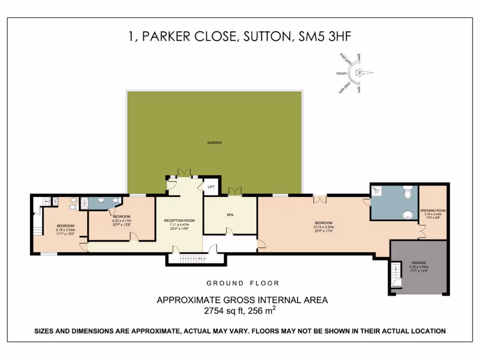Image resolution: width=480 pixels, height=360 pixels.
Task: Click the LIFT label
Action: pyautogui.click(x=211, y=187)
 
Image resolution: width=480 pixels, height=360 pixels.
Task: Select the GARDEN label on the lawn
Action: pyautogui.click(x=214, y=142)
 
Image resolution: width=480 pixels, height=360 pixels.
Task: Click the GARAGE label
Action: pyautogui.click(x=419, y=263)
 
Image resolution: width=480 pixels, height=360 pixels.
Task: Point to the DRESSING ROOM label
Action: pyautogui.click(x=433, y=210)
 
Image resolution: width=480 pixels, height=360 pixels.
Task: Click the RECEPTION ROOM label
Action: pyautogui.click(x=179, y=220)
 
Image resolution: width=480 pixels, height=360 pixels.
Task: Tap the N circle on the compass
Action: pyautogui.click(x=360, y=73)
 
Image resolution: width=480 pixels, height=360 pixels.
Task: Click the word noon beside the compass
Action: pyautogui.click(x=341, y=74)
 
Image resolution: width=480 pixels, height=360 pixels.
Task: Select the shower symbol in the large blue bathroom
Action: pyautogui.click(x=376, y=190)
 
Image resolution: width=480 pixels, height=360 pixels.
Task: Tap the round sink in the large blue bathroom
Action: pyautogui.click(x=408, y=215)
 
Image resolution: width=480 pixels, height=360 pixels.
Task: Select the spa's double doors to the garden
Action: pyautogui.click(x=234, y=191)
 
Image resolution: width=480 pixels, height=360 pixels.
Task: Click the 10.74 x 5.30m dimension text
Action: pyautogui.click(x=323, y=227)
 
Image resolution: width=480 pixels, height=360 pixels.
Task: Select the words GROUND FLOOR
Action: pyautogui.click(x=243, y=283)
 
